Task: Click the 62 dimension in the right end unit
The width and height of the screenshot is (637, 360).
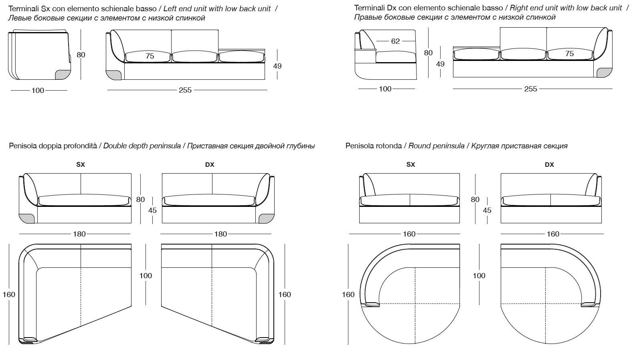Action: (395, 41)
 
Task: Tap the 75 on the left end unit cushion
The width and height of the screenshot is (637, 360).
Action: (150, 56)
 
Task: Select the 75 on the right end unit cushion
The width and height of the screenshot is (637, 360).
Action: (569, 54)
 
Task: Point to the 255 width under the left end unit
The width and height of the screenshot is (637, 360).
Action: (185, 90)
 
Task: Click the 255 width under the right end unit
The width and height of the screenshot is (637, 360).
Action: (530, 89)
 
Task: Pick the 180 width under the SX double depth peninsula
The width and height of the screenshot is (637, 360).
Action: (79, 234)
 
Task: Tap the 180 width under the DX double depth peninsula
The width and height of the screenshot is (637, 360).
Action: (221, 234)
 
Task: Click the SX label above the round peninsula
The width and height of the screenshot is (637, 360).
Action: (411, 164)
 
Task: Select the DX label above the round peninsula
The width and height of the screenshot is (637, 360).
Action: (549, 164)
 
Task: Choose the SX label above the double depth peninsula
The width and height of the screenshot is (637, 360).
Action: (81, 164)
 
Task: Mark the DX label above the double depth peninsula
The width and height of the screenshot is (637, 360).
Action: (210, 164)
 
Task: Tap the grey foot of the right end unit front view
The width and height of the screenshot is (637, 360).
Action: (603, 72)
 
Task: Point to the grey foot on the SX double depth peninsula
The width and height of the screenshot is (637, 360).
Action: (27, 218)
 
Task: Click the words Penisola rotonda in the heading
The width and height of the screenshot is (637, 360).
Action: (374, 146)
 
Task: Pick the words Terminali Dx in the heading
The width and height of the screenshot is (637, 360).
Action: (372, 8)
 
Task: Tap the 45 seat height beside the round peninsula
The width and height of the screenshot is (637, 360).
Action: (487, 210)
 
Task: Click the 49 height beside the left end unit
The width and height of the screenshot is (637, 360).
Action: (277, 66)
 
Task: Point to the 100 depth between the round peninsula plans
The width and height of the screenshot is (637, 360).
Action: (479, 275)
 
